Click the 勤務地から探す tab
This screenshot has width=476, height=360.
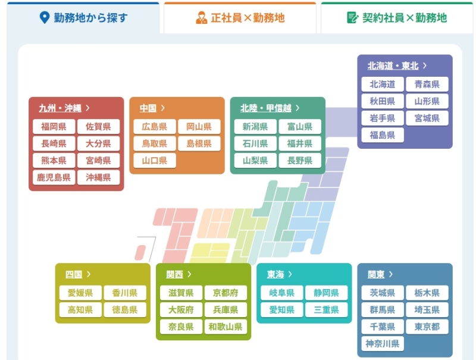83,18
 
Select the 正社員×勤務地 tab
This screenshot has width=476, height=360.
240,18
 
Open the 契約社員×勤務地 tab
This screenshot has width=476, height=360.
397,18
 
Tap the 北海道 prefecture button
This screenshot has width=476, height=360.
382,84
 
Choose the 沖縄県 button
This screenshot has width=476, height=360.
98,177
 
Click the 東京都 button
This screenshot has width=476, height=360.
427,327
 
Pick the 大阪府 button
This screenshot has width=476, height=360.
181,310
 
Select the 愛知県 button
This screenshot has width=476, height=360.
281,310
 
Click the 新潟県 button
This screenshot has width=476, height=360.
255,127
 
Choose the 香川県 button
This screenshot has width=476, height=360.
125,293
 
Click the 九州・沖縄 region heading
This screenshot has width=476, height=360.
60,108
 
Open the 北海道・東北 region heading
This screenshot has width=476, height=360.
393,66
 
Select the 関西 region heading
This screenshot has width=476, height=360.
175,274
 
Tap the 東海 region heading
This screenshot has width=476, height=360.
275,274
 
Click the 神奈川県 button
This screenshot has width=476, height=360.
382,343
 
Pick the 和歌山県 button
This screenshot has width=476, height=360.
226,327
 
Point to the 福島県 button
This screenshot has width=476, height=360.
382,135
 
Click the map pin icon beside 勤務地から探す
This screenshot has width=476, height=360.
43,18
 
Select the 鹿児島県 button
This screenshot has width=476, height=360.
54,177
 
